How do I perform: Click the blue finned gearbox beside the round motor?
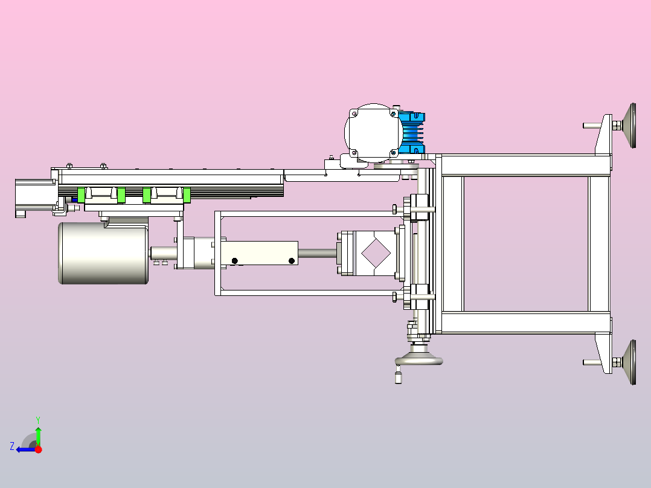pyautogui.click(x=412, y=133)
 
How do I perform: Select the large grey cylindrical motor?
pyautogui.click(x=103, y=253)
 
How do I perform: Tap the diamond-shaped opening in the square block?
pyautogui.click(x=376, y=253)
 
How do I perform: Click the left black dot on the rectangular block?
pyautogui.click(x=234, y=261)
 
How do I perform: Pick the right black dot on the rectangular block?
pyautogui.click(x=292, y=261)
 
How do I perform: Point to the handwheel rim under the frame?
pyautogui.click(x=418, y=360)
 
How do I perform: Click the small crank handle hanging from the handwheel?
pyautogui.click(x=398, y=375)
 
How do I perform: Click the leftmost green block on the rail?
pyautogui.click(x=82, y=195)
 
